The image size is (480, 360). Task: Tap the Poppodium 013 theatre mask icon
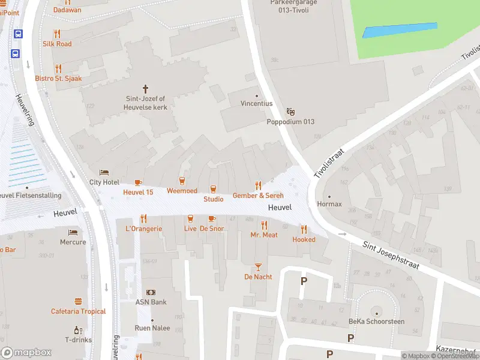291,111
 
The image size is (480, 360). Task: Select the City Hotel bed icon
104,172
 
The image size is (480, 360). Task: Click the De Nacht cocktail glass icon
258,266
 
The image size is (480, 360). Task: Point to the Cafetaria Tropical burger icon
78,301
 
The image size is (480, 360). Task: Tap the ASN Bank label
151,302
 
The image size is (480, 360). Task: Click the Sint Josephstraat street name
390,255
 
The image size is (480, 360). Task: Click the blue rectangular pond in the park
400,30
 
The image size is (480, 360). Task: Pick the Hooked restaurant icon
304,229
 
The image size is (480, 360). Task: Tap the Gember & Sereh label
258,196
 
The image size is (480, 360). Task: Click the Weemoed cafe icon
182,181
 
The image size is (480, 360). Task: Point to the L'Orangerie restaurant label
143,229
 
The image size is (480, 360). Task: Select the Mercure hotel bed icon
73,232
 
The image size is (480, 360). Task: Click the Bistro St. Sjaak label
58,79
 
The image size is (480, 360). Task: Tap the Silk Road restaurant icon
57,34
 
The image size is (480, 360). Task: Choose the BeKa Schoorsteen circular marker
377,312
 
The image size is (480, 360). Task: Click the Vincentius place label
257,104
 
